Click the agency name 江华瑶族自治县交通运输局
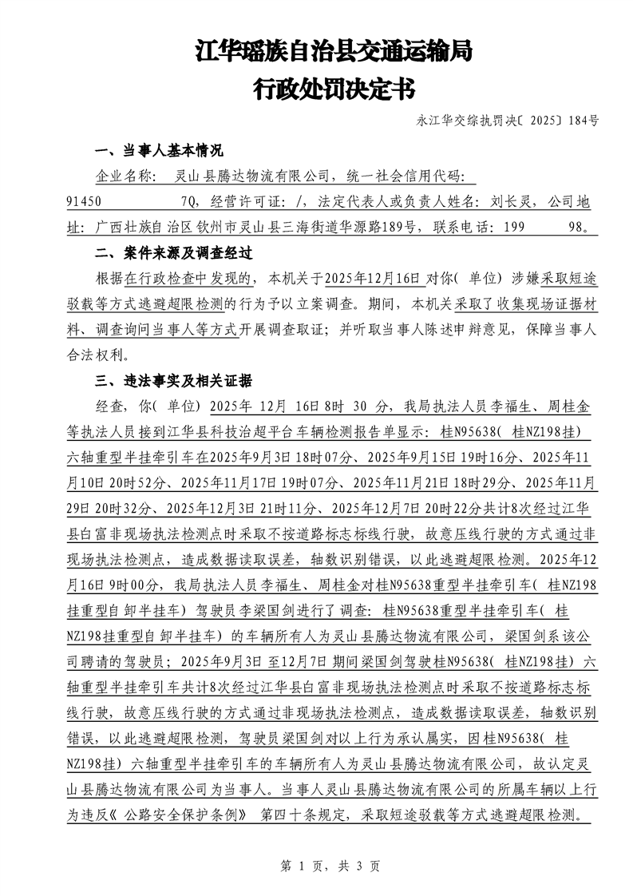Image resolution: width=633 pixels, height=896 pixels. [x=334, y=53]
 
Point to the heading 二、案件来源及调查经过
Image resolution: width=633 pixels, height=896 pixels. [x=173, y=253]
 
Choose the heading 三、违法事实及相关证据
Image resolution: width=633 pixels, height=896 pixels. [x=173, y=379]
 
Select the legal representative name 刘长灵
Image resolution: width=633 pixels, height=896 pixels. [x=505, y=202]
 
